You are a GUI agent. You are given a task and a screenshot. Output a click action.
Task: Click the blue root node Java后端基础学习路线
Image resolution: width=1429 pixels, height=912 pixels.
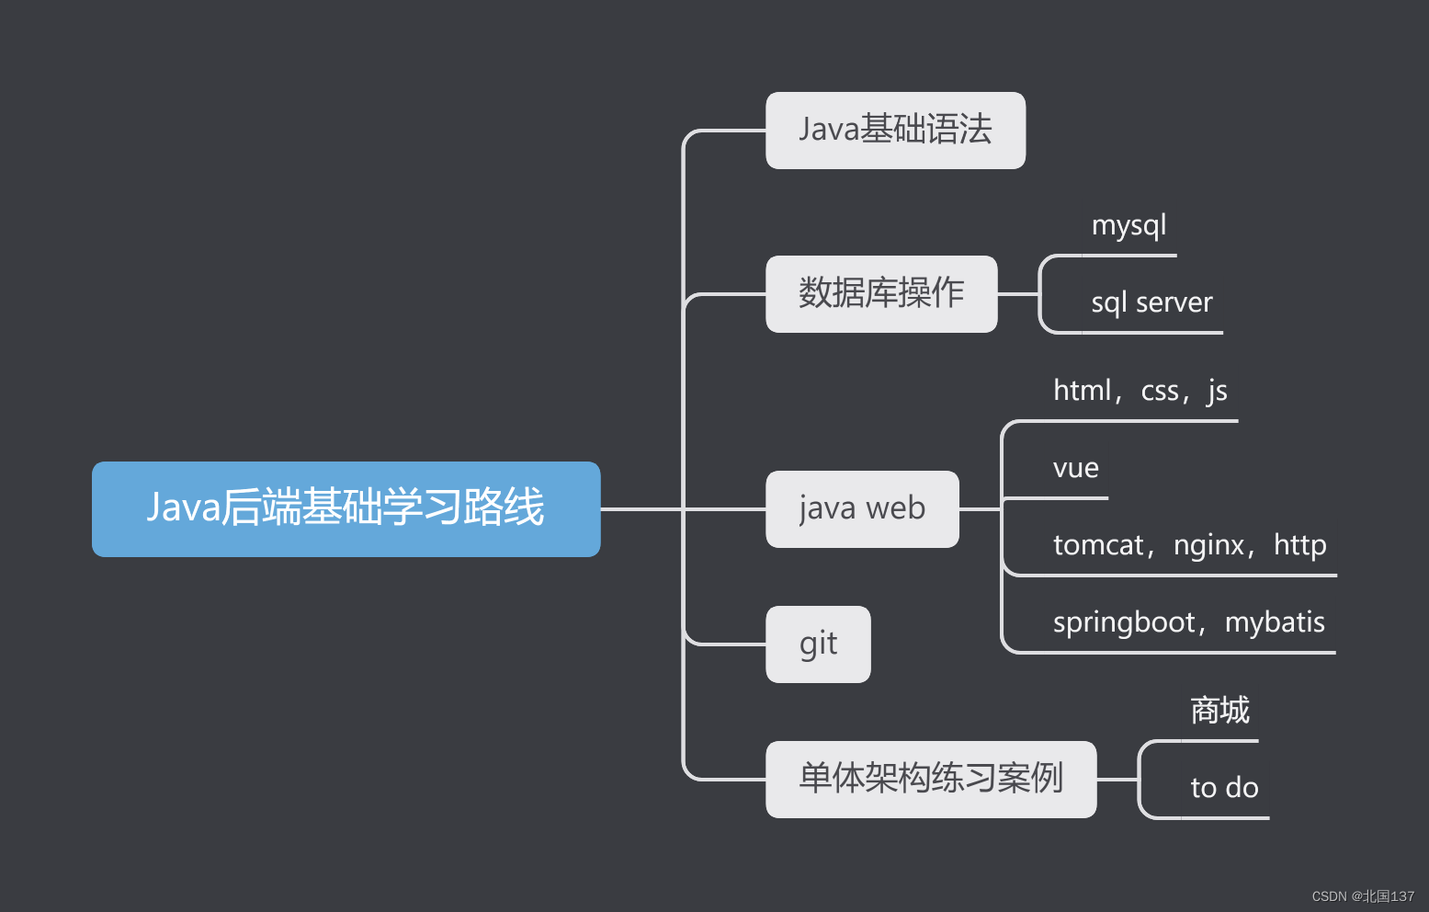(346, 508)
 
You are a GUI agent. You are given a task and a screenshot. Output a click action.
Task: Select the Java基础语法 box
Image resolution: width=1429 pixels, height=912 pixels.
(895, 131)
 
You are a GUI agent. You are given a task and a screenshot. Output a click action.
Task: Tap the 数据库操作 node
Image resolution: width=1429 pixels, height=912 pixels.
(880, 294)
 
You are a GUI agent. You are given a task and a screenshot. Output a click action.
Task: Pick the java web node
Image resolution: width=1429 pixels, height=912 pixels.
(861, 509)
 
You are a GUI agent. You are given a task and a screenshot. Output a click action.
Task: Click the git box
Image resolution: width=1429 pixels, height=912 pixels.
(818, 644)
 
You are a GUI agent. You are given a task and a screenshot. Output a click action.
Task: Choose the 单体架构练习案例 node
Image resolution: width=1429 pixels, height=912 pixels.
(930, 779)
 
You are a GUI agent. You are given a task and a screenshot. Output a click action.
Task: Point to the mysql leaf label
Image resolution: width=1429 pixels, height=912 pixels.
(1128, 226)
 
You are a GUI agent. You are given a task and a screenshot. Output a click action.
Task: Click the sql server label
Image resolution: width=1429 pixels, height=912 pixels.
(1151, 303)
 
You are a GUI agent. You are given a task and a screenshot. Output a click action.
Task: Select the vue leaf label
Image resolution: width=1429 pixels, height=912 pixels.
(1075, 469)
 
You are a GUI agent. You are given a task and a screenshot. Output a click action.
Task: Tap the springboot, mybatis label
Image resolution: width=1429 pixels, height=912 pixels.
(1188, 623)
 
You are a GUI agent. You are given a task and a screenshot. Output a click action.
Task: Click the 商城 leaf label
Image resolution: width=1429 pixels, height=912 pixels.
(1219, 711)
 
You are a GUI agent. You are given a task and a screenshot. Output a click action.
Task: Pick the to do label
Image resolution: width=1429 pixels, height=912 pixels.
(1224, 788)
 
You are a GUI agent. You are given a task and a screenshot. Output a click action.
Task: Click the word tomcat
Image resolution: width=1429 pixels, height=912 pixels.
(1097, 546)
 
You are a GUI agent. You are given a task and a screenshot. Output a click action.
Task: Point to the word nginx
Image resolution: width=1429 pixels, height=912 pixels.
(1208, 546)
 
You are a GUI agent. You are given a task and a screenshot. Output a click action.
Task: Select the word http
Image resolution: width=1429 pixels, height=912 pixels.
(1299, 546)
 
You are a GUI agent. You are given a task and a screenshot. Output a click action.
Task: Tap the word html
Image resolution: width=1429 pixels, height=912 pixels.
(1082, 392)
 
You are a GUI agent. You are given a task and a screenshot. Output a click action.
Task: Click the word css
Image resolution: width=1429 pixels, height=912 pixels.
(1159, 392)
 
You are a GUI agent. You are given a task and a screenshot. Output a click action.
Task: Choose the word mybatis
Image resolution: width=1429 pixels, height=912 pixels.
(1275, 623)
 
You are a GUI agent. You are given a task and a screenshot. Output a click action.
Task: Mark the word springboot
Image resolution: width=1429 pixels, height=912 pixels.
(1123, 623)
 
